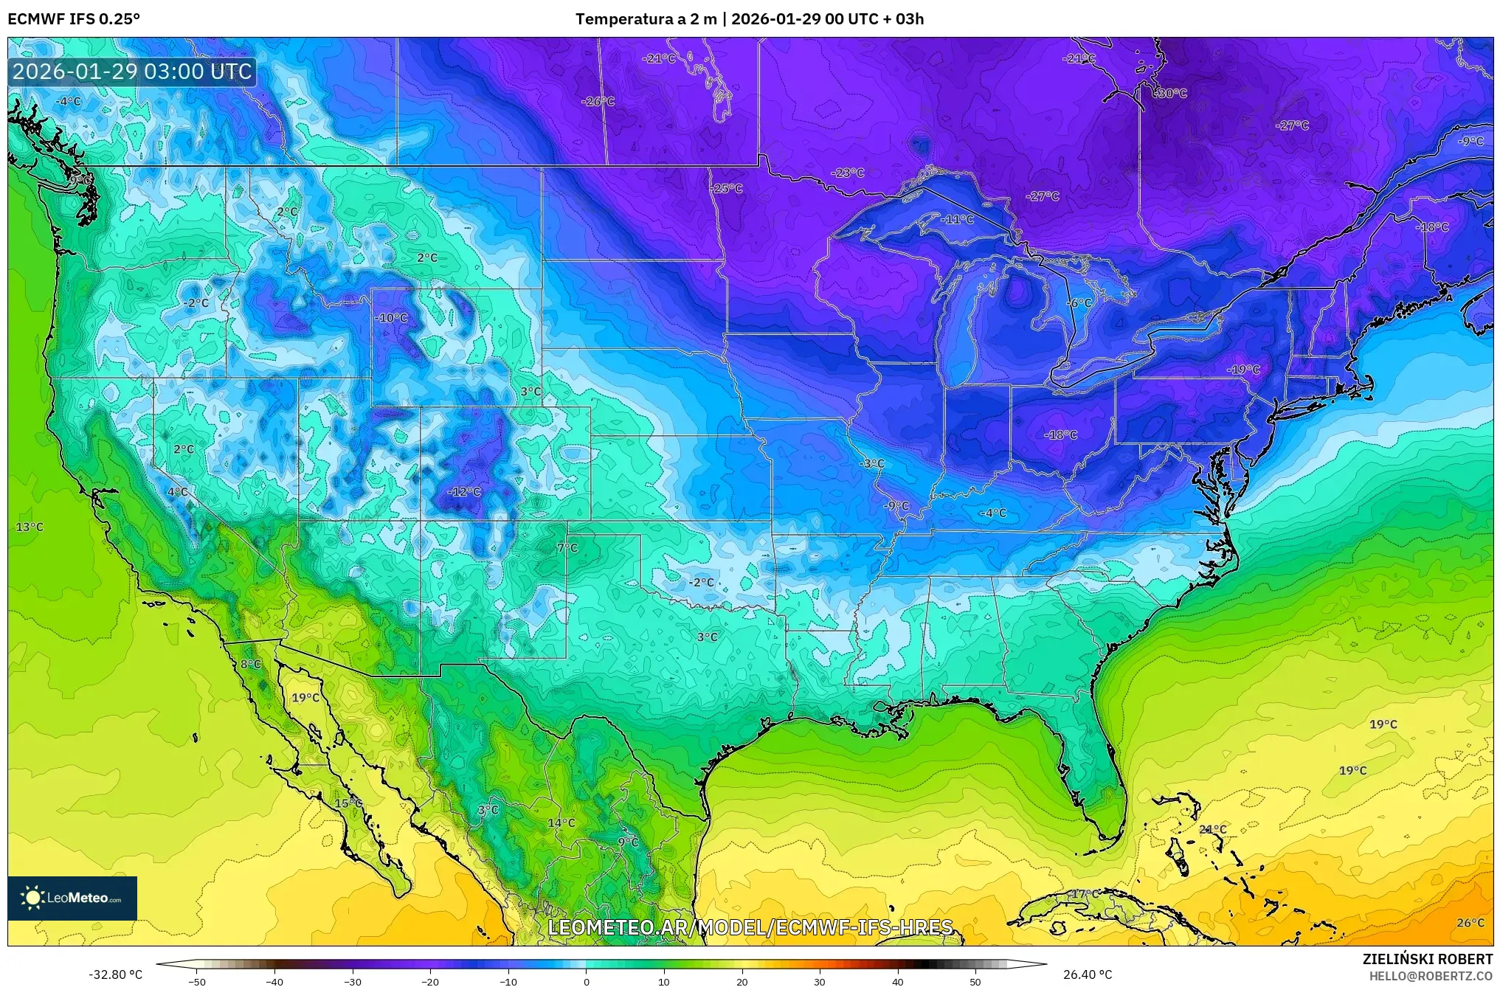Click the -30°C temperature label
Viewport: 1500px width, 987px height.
pyautogui.click(x=1170, y=94)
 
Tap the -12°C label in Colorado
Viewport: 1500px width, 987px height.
pyautogui.click(x=464, y=492)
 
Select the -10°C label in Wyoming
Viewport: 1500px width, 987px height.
pyautogui.click(x=392, y=318)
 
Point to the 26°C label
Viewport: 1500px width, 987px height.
pyautogui.click(x=1470, y=922)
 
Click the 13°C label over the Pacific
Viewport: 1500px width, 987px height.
pyautogui.click(x=30, y=527)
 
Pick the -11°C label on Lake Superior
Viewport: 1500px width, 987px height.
pyautogui.click(x=958, y=220)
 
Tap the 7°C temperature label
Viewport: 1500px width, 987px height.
pyautogui.click(x=567, y=548)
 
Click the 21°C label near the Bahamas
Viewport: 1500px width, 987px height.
pyautogui.click(x=1212, y=829)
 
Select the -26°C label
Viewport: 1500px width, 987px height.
pyautogui.click(x=598, y=101)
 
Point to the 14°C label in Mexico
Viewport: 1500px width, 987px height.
pyautogui.click(x=561, y=822)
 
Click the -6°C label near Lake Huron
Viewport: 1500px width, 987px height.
pyautogui.click(x=1079, y=303)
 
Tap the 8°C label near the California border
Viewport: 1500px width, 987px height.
pyautogui.click(x=251, y=664)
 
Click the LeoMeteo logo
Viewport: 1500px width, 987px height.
pyautogui.click(x=72, y=898)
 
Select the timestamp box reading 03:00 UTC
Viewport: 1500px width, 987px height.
pyautogui.click(x=133, y=72)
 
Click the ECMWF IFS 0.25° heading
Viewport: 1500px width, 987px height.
pyautogui.click(x=74, y=19)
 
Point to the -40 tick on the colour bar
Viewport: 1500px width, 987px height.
pyautogui.click(x=274, y=980)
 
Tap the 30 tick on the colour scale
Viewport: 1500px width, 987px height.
pyautogui.click(x=820, y=980)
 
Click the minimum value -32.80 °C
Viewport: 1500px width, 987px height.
pyautogui.click(x=116, y=974)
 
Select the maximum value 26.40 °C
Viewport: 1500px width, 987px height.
pyautogui.click(x=1087, y=974)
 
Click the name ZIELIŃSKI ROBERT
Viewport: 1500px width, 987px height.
pyautogui.click(x=1427, y=959)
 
